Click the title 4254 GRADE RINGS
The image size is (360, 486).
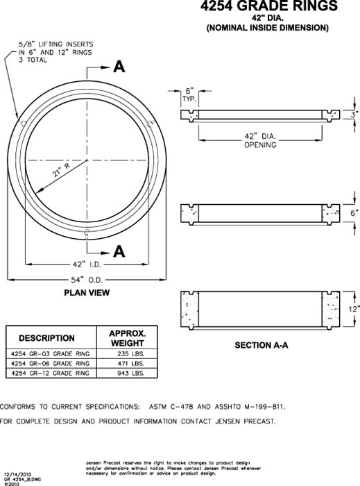(x=259, y=6)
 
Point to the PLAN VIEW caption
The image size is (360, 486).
(x=87, y=293)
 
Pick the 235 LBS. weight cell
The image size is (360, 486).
(x=130, y=353)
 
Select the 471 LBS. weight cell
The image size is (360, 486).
(x=130, y=363)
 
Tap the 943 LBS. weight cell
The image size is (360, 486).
(x=130, y=374)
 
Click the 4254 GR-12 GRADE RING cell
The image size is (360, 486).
(x=51, y=374)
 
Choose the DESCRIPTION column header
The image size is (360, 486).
(x=46, y=338)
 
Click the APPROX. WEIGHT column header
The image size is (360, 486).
(x=127, y=338)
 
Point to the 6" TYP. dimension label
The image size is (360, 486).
(x=188, y=94)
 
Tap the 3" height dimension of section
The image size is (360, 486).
(x=353, y=115)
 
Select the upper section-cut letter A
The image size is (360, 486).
(x=119, y=67)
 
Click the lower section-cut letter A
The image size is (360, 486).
(x=119, y=251)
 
